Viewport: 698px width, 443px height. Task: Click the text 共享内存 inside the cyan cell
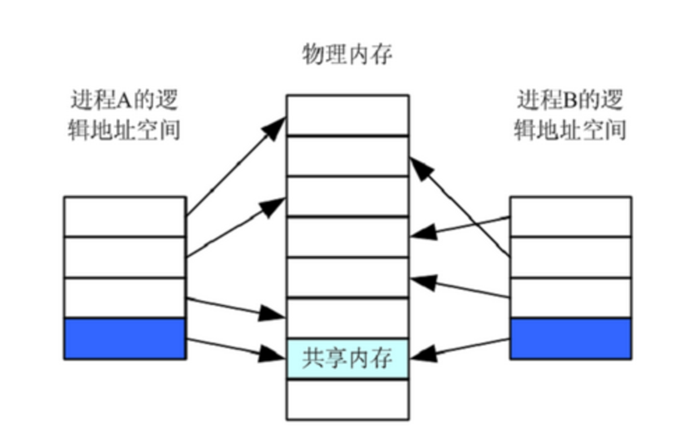[x=347, y=359]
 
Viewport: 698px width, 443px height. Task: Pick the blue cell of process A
[x=125, y=339]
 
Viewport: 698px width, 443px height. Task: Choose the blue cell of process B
[x=570, y=339]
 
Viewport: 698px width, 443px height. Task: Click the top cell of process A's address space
[x=125, y=216]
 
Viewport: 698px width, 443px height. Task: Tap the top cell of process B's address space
[x=570, y=216]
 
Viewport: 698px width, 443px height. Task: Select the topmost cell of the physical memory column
[x=347, y=115]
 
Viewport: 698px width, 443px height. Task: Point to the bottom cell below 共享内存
[x=347, y=400]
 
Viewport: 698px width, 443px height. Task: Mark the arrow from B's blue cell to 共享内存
[x=461, y=348]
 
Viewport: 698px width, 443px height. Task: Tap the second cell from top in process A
[x=125, y=257]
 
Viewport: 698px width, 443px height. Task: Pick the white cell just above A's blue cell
[x=125, y=298]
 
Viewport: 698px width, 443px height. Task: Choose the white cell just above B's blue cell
[x=570, y=298]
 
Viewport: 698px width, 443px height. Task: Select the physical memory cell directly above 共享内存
[x=347, y=318]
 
